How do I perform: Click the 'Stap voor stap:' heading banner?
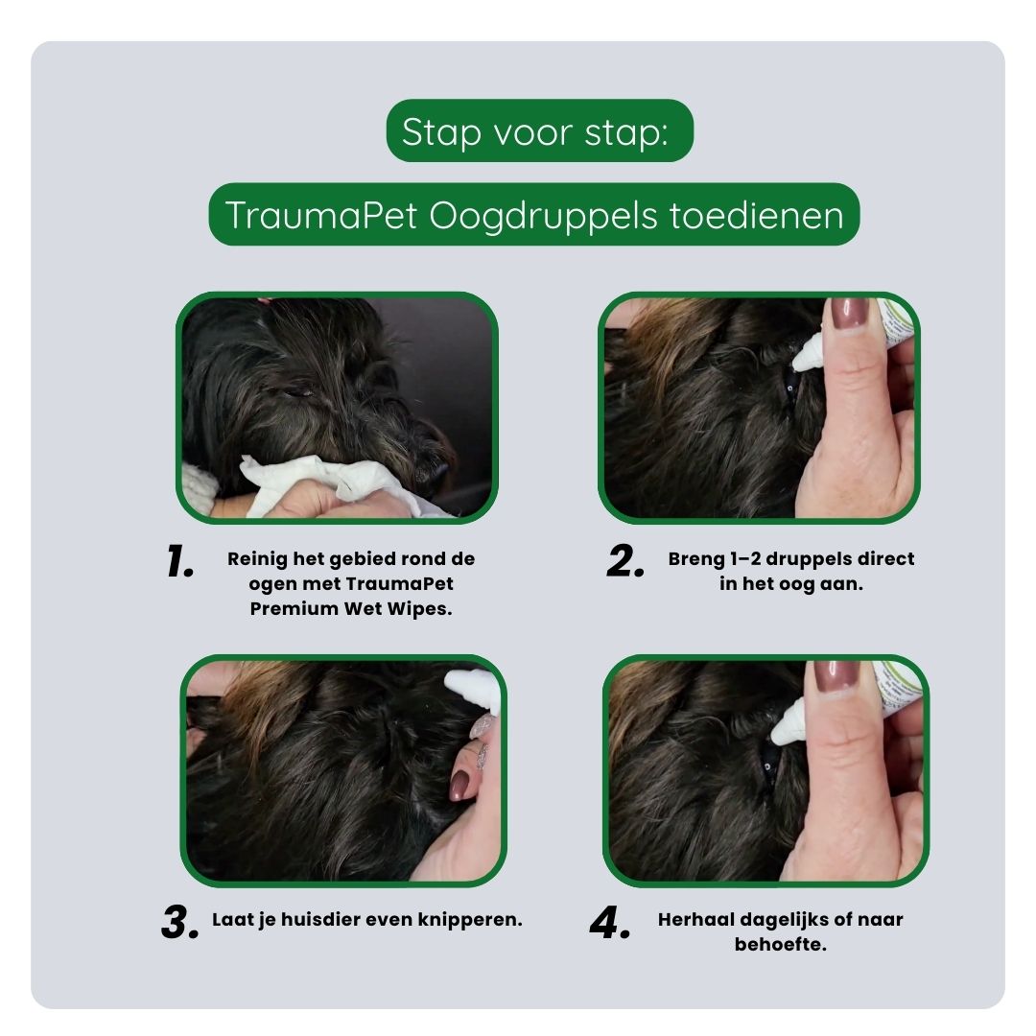click(x=538, y=131)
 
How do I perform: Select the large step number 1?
click(x=180, y=562)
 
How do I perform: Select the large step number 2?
click(x=625, y=563)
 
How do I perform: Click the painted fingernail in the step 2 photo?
click(x=849, y=314)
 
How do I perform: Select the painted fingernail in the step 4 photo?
click(x=836, y=676)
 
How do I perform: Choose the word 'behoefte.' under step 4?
click(x=780, y=944)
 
